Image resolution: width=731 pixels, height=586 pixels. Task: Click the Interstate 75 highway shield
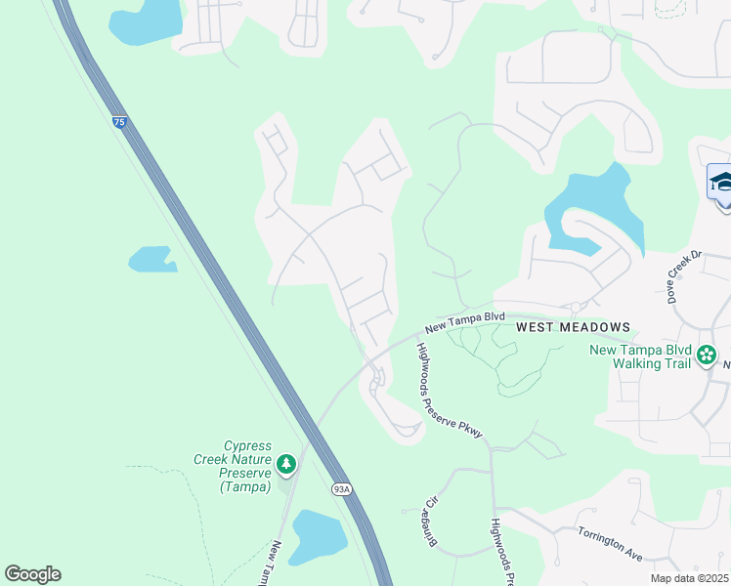click(118, 122)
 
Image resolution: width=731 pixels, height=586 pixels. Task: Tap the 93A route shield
click(340, 489)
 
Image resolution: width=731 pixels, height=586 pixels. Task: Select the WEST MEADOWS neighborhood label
click(572, 326)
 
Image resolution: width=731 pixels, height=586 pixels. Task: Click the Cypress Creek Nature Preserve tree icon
click(285, 463)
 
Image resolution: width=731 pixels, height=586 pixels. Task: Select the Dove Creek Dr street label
click(684, 276)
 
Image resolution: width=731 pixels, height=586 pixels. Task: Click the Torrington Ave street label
click(609, 543)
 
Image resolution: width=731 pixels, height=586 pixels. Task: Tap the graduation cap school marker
click(721, 184)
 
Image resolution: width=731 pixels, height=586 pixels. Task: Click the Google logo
click(32, 574)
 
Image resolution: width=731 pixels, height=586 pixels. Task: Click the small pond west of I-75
click(150, 260)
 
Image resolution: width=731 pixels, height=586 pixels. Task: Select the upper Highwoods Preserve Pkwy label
click(450, 391)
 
